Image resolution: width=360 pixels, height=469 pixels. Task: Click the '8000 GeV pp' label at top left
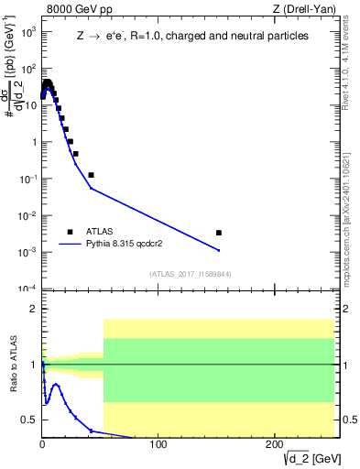74,9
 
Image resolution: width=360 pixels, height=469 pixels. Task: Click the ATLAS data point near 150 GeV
218,233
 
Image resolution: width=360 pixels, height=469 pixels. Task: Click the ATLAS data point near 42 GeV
91,174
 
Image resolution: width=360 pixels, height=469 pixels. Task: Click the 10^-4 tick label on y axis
28,289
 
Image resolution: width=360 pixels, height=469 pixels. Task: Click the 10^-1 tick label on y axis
28,179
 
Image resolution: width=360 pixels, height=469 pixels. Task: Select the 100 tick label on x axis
158,444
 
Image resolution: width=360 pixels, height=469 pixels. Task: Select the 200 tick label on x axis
274,444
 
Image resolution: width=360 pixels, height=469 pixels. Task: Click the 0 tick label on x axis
42,444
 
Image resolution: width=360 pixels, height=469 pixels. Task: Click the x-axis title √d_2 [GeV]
304,457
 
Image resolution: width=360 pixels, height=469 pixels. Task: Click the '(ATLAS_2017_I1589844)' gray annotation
190,274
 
